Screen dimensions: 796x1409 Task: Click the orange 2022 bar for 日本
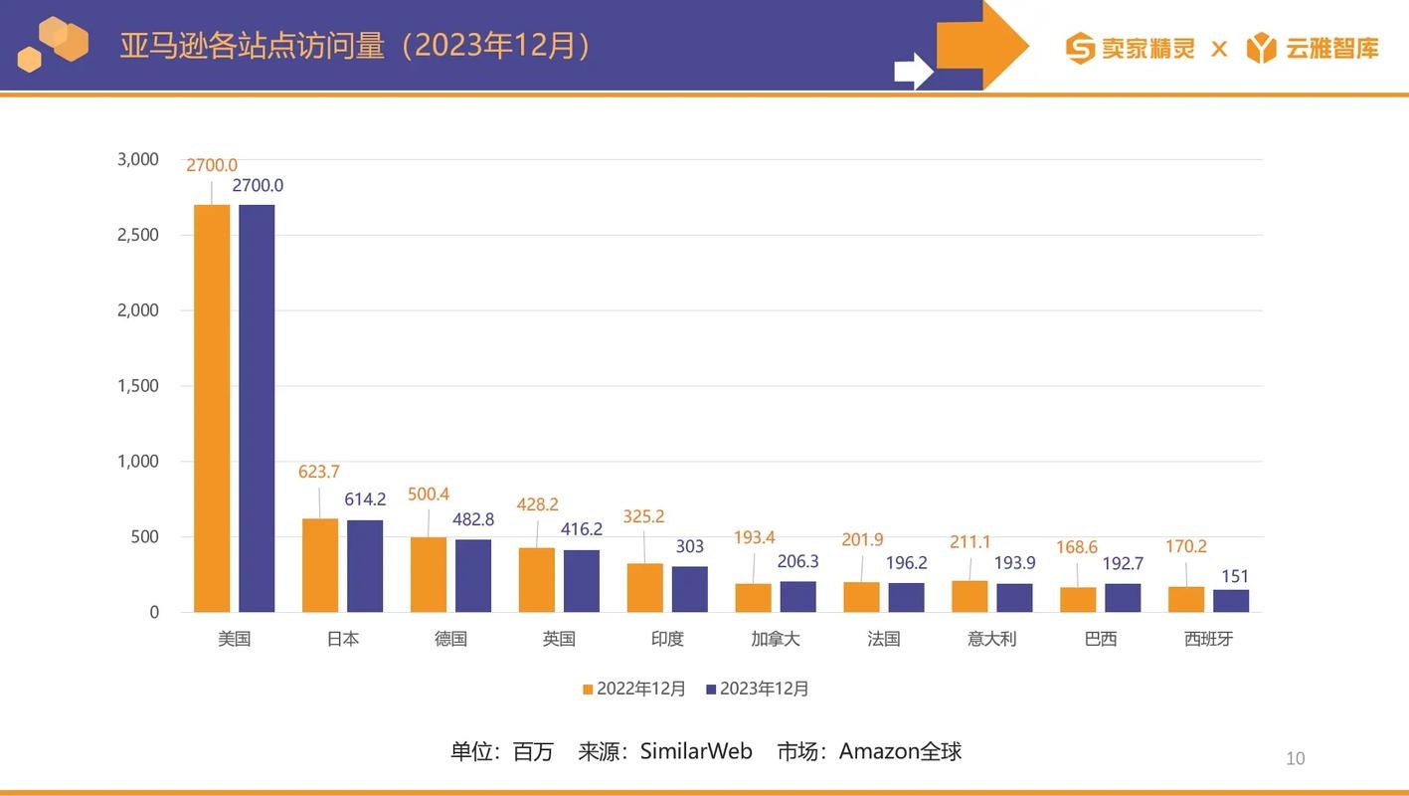320,565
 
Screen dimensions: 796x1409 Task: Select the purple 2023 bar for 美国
257,408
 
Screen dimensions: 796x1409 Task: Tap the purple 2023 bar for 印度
689,589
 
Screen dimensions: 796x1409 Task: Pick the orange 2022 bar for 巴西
1078,599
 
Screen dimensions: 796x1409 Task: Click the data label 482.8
474,519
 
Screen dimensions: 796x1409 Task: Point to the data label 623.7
319,472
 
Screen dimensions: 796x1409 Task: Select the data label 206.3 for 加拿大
797,562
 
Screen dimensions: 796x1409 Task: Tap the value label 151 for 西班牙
1235,576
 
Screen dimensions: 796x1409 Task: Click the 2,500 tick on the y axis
138,235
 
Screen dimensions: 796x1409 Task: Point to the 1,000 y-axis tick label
138,461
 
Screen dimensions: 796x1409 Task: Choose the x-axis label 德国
450,639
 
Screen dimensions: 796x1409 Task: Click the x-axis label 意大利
991,639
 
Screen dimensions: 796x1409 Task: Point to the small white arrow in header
913,71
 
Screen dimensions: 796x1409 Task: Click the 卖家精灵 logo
1131,48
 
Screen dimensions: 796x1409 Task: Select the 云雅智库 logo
1313,48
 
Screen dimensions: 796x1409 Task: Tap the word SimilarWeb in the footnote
696,751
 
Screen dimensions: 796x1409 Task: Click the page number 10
1295,759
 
